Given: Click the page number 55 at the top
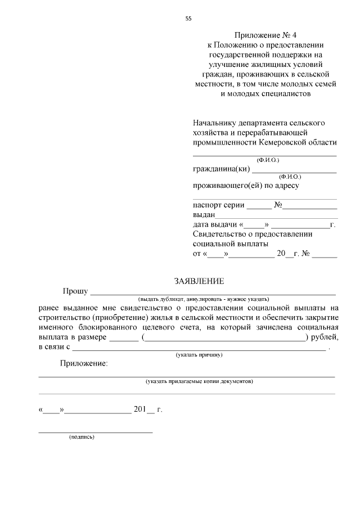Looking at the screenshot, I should point(188,18).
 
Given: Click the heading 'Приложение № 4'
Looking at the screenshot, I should point(265,35).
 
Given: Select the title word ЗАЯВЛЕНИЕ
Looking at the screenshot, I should point(199,281).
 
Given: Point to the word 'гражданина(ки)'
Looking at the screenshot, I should point(220,169).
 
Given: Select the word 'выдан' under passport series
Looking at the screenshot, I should point(203,215).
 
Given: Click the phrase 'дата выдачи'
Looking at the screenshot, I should point(215,225).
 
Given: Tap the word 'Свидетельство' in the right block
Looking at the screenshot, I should point(219,235).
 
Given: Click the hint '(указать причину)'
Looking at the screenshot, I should point(200,355).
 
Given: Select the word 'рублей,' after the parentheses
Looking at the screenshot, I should point(324,337).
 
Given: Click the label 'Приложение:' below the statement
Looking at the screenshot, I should point(84,364).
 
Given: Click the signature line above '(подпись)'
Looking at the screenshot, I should point(95,431).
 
